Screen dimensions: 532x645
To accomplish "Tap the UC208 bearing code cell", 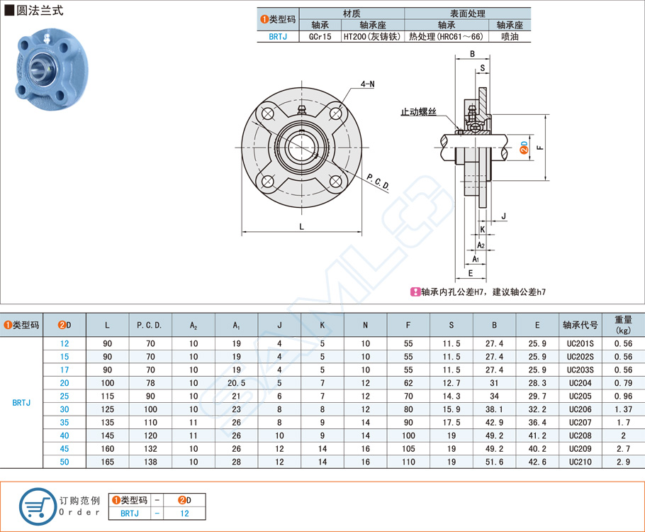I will coord(580,436).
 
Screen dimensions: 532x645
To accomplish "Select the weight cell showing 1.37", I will coord(624,410).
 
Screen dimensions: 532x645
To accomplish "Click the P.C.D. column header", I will coord(150,325).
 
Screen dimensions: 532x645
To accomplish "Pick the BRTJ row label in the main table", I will coord(21,402).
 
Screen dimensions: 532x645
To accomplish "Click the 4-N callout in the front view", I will coord(367,84).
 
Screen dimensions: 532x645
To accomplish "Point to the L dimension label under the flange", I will coord(303,226).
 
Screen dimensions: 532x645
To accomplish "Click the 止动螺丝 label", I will coord(419,112).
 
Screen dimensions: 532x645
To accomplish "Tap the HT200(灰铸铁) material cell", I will coord(371,36).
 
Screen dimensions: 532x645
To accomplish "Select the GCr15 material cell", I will coord(320,36).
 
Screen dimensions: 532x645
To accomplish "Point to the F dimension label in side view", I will coord(539,148).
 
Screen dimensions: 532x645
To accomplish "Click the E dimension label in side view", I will coord(471,272).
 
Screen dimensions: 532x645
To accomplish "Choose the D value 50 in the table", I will coord(65,461).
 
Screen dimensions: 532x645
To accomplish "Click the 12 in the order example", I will coord(184,513).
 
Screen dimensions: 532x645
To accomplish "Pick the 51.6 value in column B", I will coord(494,461).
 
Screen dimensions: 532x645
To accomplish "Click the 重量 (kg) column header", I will coord(624,325).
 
